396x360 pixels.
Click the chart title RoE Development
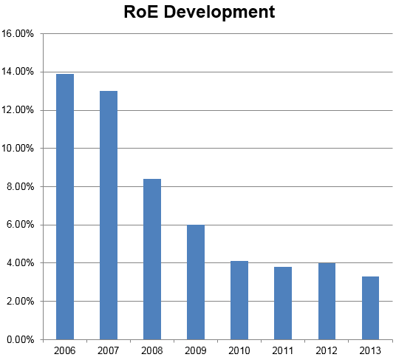(x=199, y=13)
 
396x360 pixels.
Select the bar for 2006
(x=65, y=206)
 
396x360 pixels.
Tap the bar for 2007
(x=109, y=215)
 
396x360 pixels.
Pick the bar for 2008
(x=152, y=259)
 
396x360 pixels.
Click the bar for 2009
(x=196, y=282)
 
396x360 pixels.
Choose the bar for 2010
(x=239, y=300)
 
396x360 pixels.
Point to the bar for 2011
(x=283, y=303)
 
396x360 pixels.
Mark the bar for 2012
(x=327, y=301)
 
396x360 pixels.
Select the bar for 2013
(x=370, y=308)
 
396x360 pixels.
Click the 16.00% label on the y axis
(x=18, y=34)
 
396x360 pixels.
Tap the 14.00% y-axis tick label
(x=18, y=72)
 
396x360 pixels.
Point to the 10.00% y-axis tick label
(x=18, y=149)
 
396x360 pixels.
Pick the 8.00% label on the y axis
(x=21, y=187)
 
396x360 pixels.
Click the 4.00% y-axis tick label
(x=21, y=263)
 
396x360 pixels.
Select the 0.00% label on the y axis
(x=21, y=340)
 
